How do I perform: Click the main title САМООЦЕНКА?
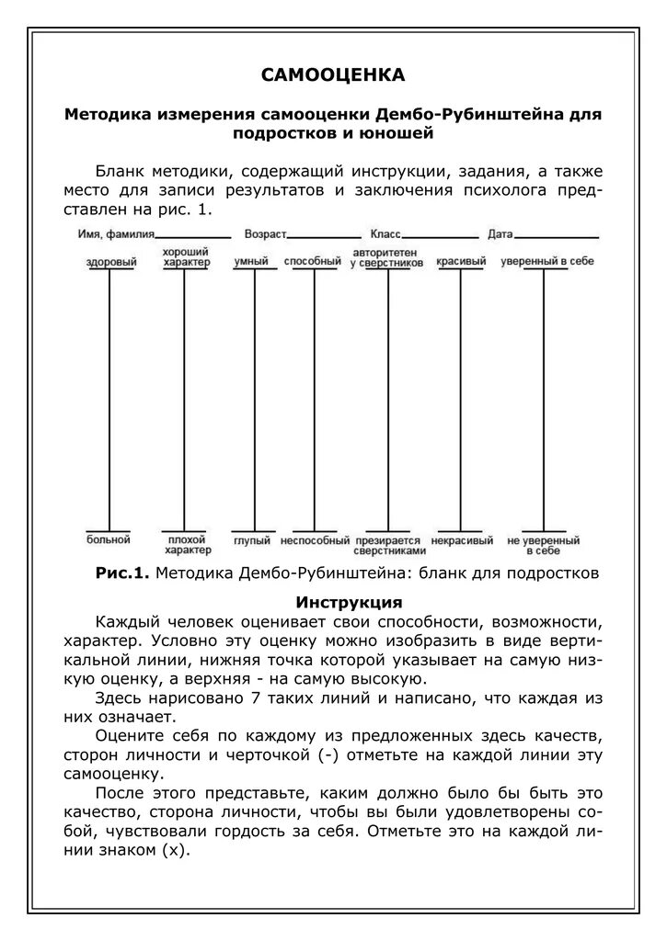tap(333, 74)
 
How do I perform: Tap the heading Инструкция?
tap(349, 603)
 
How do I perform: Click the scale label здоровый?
tap(111, 262)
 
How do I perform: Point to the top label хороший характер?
tap(185, 257)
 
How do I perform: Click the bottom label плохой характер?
tap(188, 545)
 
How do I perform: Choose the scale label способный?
tap(313, 262)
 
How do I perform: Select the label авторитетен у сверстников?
tap(386, 257)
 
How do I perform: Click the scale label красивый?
tap(460, 262)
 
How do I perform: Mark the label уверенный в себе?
tap(546, 262)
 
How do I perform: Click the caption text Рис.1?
tap(121, 573)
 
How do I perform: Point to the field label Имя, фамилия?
tap(116, 235)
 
